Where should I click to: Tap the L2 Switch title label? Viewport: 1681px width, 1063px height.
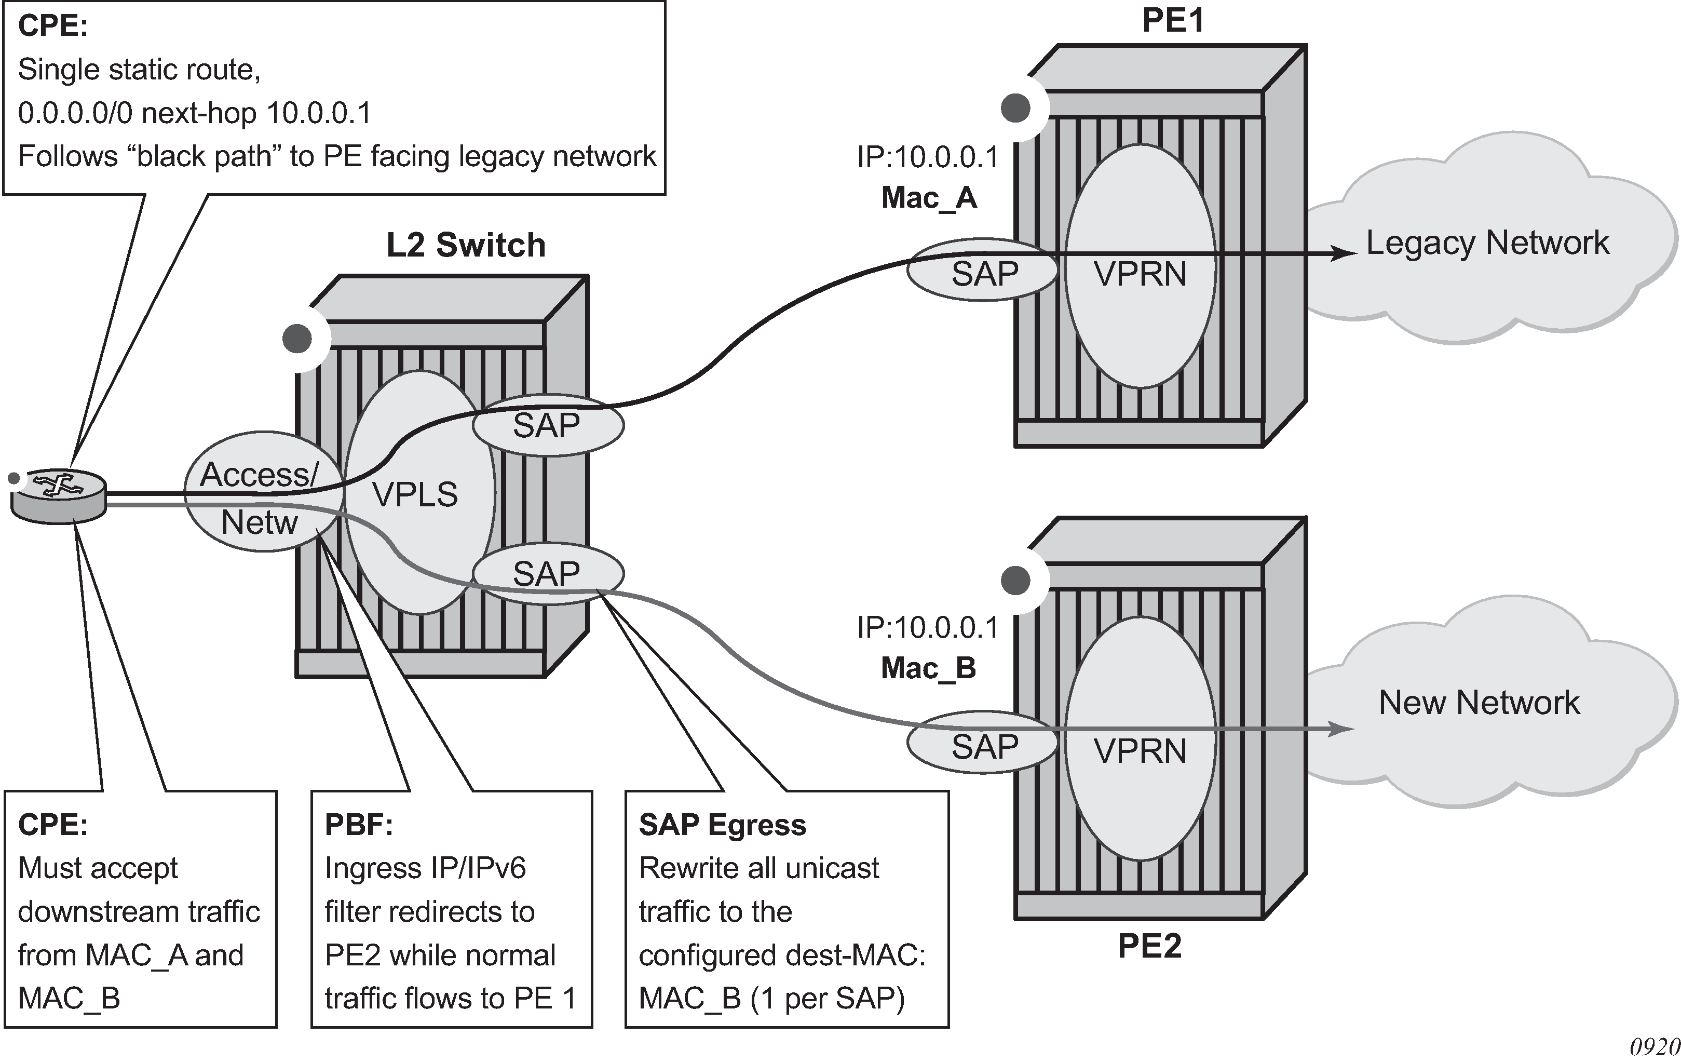point(466,245)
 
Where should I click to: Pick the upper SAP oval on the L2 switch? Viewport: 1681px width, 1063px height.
point(547,425)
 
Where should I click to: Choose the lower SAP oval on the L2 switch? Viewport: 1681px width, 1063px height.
point(547,573)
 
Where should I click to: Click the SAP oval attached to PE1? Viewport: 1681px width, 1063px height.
point(984,273)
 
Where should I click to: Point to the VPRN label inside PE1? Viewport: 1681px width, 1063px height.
point(1140,273)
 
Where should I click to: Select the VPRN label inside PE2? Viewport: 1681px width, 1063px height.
point(1140,751)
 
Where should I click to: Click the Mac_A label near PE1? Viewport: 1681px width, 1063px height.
point(928,198)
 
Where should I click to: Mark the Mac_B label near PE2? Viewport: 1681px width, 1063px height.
point(928,668)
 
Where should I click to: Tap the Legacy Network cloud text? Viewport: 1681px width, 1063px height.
point(1487,243)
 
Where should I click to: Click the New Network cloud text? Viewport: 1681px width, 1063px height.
point(1479,702)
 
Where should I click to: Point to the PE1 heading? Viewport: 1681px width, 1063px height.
point(1173,20)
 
